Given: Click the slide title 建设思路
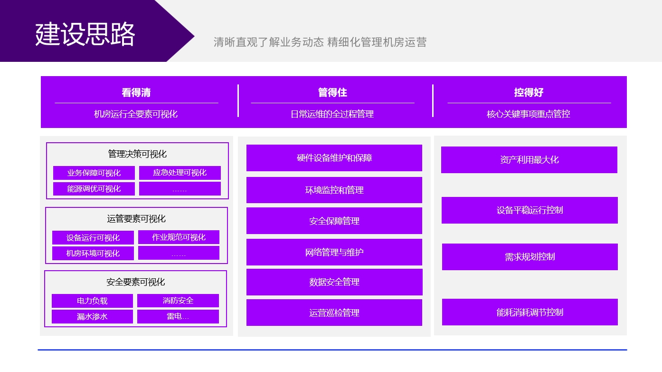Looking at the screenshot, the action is [85, 34].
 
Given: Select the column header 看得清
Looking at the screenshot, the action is [136, 92].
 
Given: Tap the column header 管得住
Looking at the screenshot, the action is [332, 92].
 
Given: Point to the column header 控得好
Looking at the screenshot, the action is [529, 92].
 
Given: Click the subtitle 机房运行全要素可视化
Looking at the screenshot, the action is [136, 114].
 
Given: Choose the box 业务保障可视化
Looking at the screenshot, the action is [94, 173].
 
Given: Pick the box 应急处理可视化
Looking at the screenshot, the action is [180, 173].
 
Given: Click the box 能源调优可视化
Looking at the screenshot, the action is [94, 189].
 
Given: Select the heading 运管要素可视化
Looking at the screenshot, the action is [136, 219].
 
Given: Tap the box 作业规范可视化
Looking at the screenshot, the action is [179, 237].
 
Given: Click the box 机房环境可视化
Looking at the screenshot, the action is [93, 254].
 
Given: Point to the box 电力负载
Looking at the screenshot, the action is [92, 301].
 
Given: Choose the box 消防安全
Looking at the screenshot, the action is [178, 301].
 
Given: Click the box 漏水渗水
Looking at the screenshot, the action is [92, 317].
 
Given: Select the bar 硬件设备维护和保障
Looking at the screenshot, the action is [334, 158].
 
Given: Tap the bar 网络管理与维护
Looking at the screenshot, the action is [334, 252].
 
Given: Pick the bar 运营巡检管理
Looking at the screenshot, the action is [334, 313].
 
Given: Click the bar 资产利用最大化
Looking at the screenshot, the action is [530, 160].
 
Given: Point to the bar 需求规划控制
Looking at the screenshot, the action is [530, 257].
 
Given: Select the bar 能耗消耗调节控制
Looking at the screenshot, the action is [530, 312].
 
